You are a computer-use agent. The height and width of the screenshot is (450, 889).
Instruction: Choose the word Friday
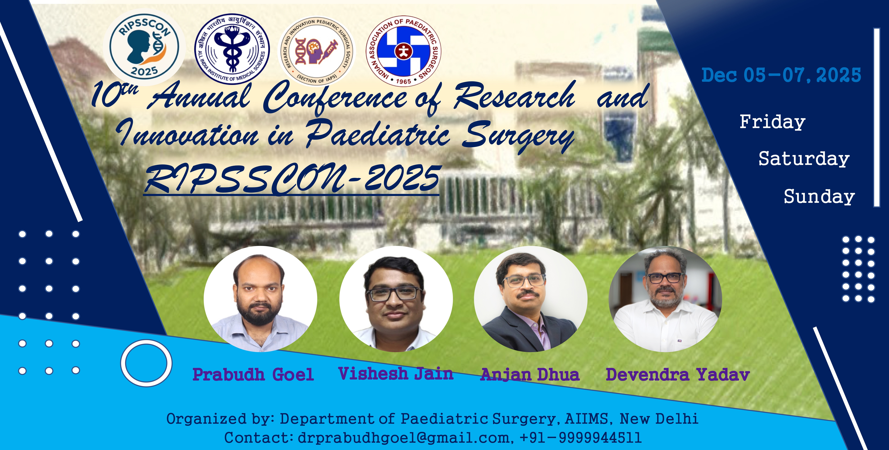[772, 122]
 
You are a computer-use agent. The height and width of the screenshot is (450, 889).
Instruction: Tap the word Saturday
[804, 159]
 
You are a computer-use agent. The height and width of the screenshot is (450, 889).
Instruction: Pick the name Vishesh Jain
[396, 374]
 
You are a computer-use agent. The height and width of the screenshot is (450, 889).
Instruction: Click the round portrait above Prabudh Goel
[260, 299]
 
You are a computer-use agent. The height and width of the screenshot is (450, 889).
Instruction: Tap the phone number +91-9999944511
[581, 438]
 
